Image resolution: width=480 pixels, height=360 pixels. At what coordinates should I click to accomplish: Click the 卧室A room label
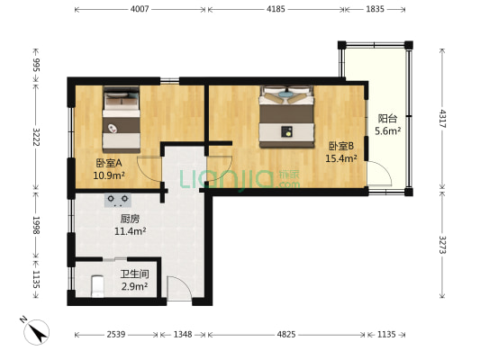[x=109, y=163]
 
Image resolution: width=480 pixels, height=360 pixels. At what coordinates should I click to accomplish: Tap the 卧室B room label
[x=341, y=146]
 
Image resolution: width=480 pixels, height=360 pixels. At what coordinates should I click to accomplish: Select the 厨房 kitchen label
[x=130, y=219]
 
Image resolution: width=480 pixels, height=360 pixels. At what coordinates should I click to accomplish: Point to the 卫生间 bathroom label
[x=135, y=274]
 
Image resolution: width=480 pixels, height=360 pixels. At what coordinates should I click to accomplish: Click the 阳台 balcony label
[x=387, y=119]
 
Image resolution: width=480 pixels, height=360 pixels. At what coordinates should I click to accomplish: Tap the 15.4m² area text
[x=341, y=158]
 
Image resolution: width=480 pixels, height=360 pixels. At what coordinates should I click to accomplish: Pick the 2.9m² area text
[x=135, y=286]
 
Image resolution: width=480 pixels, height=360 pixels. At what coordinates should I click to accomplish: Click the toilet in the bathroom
[x=97, y=286]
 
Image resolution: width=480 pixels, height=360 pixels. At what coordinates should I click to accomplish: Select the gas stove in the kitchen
[x=118, y=200]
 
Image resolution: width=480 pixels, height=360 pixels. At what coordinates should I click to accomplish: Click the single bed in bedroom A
[x=122, y=120]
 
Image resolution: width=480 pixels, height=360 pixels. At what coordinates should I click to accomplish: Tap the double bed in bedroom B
[x=286, y=116]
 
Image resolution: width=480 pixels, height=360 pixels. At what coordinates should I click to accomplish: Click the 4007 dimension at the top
[x=140, y=9]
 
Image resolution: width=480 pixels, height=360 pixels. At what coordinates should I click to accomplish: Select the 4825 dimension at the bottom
[x=286, y=334]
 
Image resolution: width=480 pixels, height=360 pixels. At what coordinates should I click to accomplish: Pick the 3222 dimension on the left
[x=36, y=138]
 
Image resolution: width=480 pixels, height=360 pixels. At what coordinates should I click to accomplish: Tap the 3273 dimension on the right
[x=442, y=245]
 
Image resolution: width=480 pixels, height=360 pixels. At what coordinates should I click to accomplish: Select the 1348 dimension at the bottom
[x=183, y=334]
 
